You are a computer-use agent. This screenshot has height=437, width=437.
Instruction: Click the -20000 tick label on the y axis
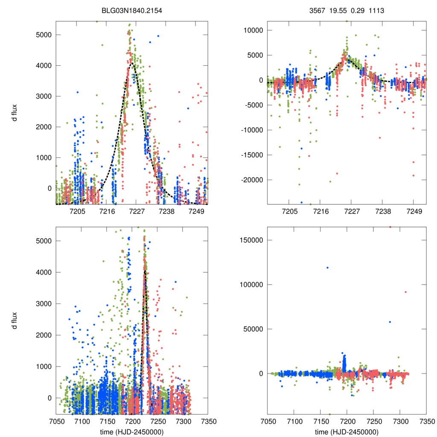tap(250, 180)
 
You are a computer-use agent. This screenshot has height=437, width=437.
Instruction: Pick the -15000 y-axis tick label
tap(250, 155)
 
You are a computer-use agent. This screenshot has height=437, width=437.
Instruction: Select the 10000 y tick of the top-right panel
tap(252, 30)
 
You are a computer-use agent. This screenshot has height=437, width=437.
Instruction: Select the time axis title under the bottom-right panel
tap(347, 432)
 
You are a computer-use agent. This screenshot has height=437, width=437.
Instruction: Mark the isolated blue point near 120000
tap(327, 268)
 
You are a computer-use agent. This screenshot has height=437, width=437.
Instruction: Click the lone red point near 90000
tap(405, 292)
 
